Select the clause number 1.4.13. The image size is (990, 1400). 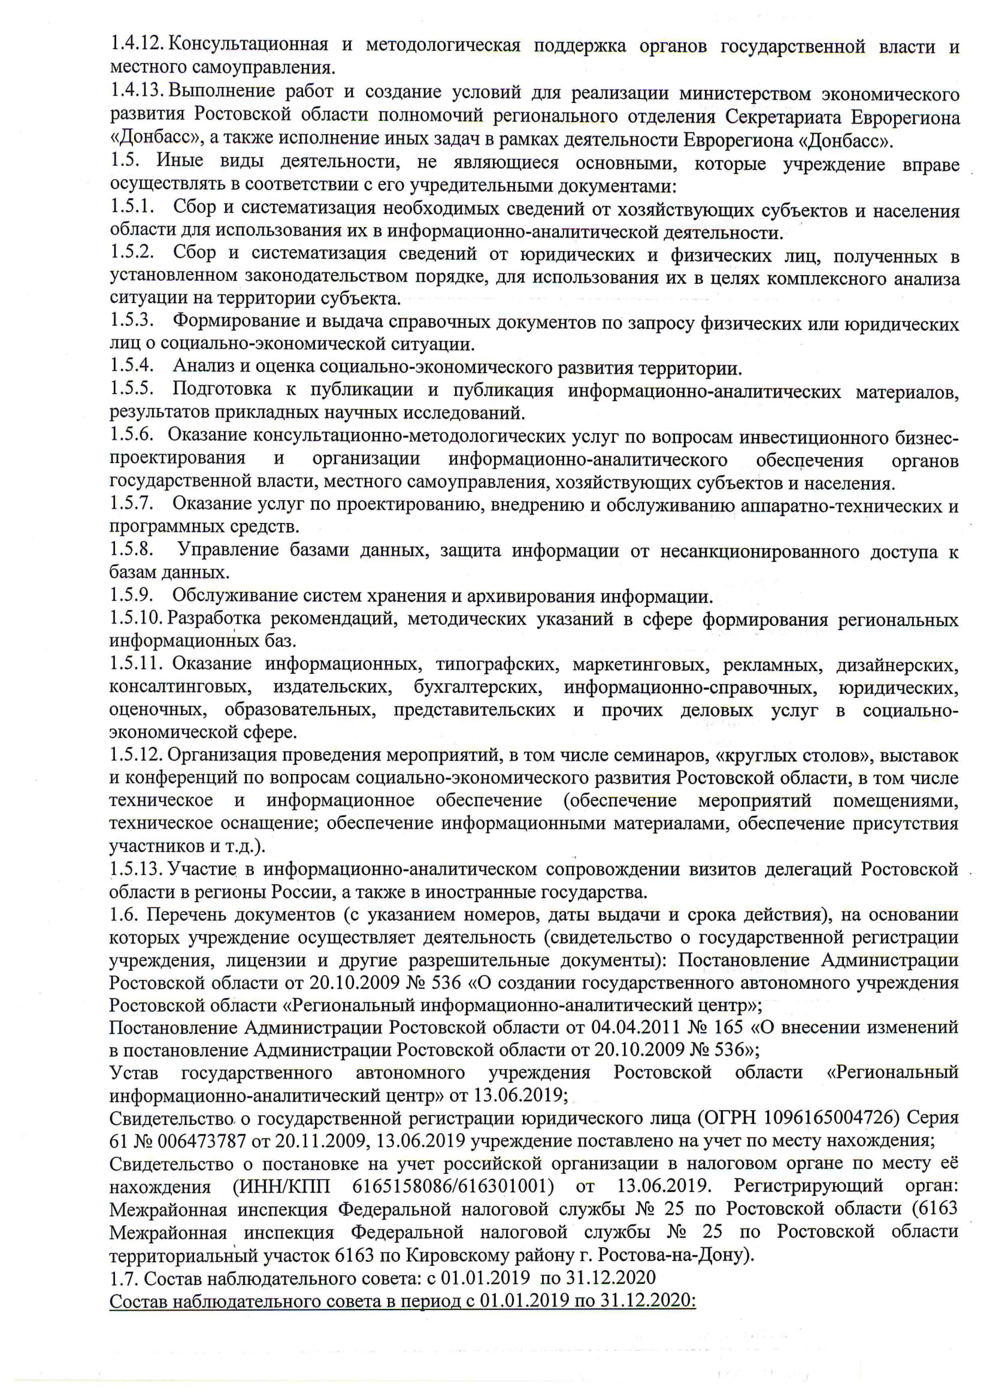tap(137, 91)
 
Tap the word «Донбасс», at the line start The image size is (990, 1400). tap(155, 138)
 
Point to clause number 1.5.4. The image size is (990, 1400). tap(131, 365)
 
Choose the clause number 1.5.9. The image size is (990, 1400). tap(131, 594)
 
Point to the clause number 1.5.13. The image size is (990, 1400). tap(137, 869)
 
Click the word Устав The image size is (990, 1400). tap(134, 1072)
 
